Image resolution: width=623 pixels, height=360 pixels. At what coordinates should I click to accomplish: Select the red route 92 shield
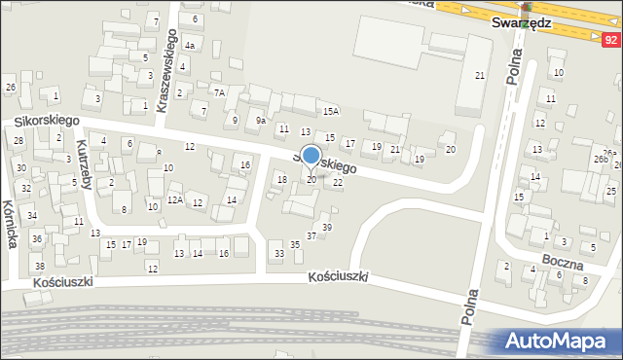point(610,40)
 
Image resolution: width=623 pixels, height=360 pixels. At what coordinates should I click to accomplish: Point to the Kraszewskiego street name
point(165,70)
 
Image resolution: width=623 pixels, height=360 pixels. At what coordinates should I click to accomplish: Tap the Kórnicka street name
point(11,224)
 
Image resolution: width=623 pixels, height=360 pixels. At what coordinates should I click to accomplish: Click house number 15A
point(331,112)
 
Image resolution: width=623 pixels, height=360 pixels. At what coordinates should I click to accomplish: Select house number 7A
point(220,92)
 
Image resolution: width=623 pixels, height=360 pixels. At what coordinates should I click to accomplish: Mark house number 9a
point(260,121)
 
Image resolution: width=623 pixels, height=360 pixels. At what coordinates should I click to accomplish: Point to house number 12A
point(174,199)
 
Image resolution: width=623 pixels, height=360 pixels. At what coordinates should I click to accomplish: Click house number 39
point(327,227)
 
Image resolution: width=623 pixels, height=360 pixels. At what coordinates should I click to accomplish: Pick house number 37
point(311,235)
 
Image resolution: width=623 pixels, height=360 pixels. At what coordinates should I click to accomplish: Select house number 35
point(295,244)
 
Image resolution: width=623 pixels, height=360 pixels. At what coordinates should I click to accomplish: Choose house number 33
point(278,253)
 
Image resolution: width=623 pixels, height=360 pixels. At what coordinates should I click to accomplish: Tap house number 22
point(338,182)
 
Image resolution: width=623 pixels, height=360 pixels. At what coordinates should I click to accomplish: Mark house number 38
point(39,266)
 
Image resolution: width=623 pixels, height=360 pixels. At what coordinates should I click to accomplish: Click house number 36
point(36,238)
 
